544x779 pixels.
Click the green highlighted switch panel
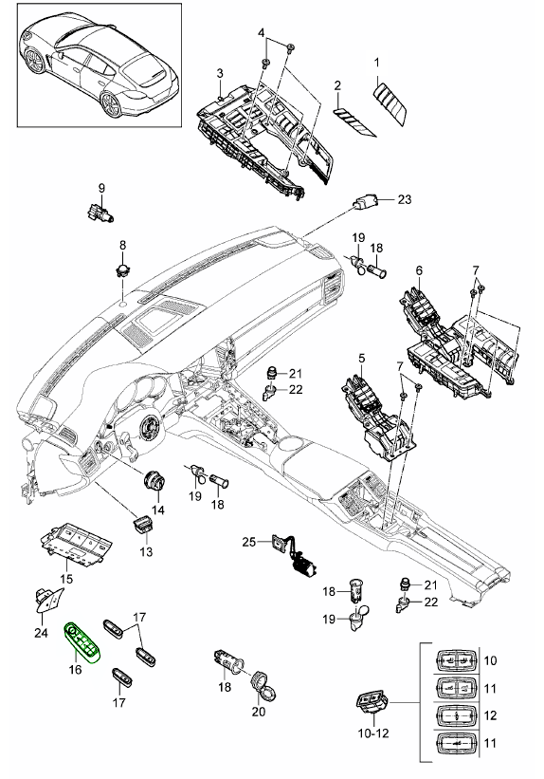[82, 645]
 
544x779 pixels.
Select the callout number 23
[405, 199]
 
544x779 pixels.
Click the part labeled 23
[368, 202]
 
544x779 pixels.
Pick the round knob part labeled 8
[122, 269]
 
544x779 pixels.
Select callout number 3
[219, 73]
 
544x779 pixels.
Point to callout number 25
[248, 542]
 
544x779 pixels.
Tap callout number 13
[147, 551]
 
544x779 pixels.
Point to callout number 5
[361, 359]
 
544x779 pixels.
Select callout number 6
[418, 270]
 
